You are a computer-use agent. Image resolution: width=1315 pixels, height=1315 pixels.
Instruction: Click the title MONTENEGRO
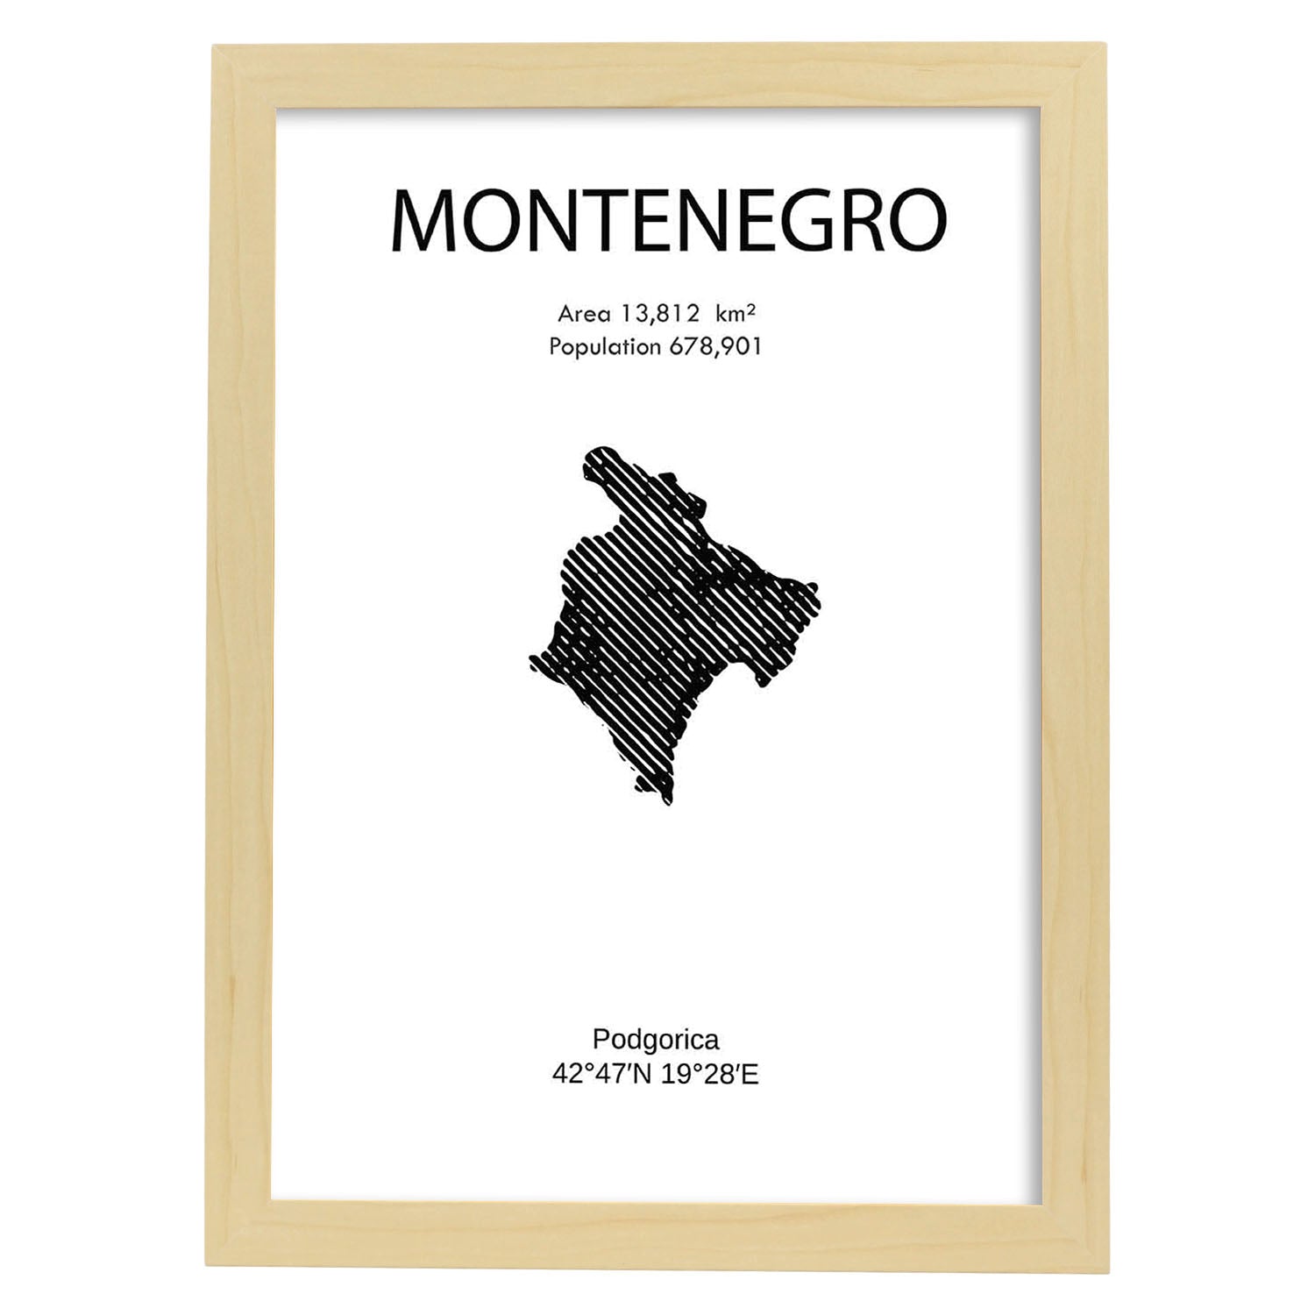tap(668, 221)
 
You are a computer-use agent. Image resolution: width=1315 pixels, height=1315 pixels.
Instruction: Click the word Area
tap(583, 314)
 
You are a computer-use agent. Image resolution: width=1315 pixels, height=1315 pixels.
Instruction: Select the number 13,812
tap(659, 314)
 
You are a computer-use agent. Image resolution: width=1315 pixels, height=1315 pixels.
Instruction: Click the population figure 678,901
tap(715, 347)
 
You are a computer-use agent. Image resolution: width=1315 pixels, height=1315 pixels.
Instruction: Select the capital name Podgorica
tap(656, 1040)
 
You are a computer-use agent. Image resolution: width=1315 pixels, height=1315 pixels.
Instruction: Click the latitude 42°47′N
tap(601, 1074)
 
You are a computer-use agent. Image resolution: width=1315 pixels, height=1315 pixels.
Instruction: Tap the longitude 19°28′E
tap(710, 1074)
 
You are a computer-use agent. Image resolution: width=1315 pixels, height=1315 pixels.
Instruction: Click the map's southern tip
tap(668, 801)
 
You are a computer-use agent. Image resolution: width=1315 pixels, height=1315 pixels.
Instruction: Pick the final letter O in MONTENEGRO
tap(918, 221)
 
